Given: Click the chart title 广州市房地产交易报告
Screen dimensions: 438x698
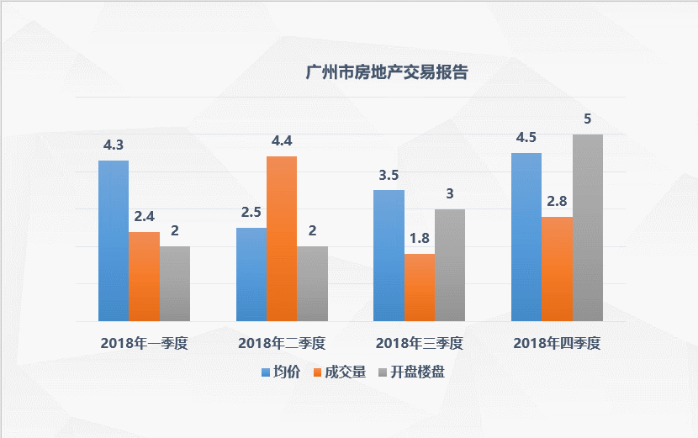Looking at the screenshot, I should coord(387,73).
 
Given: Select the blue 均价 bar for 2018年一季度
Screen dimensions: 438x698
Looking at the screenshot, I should coord(114,240).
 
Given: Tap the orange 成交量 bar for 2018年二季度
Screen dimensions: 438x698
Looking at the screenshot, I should coord(282,239).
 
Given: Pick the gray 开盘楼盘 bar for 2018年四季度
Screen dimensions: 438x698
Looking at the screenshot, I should coord(588,228).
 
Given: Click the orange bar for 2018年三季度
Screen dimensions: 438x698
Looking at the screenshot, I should coord(420,288).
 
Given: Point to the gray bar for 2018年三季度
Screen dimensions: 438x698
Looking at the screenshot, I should coord(450,265).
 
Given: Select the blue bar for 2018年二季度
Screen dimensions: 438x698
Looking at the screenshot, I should coord(251,274).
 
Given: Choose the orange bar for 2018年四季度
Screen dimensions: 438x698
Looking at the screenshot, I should coord(558,269).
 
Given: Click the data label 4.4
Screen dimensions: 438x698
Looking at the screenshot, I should coord(281,140).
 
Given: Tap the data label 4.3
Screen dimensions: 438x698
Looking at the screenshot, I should coord(114,145).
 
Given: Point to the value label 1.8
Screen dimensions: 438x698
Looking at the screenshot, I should coord(420,238).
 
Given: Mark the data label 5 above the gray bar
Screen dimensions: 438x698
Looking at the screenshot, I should coord(588,119).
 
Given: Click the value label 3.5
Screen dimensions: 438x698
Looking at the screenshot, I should coord(389,175).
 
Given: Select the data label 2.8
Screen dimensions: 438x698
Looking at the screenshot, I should coord(558,201).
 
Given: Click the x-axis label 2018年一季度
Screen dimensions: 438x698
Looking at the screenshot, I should coord(144,343).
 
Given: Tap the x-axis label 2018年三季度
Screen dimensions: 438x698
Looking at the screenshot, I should coord(420,343).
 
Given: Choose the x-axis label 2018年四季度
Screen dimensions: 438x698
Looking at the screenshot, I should coord(558,343).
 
